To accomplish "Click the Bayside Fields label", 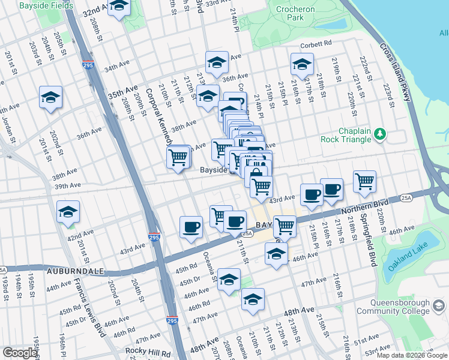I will pos(46,5).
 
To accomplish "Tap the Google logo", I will pos(20,353).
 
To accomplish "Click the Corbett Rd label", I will pos(316,43).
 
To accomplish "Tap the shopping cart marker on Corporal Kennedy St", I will pos(178,157).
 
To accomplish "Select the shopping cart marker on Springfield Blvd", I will pos(364,181).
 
